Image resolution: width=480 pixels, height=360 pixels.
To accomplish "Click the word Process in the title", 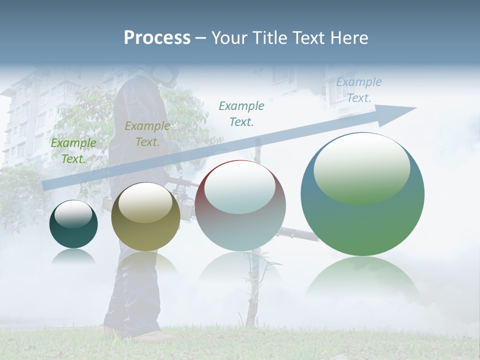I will [x=157, y=38].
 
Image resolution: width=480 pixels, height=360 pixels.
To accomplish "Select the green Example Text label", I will [x=73, y=151].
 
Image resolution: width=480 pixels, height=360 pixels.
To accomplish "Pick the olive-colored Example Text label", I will [x=147, y=134].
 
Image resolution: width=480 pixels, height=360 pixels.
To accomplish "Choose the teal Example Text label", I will [x=241, y=113].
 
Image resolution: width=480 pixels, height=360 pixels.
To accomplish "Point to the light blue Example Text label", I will [x=359, y=90].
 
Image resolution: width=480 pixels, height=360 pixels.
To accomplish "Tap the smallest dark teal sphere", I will [x=73, y=224].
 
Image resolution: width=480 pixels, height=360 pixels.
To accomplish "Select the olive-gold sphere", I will [x=145, y=217].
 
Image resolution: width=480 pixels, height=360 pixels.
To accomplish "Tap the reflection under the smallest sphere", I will [x=73, y=257].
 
